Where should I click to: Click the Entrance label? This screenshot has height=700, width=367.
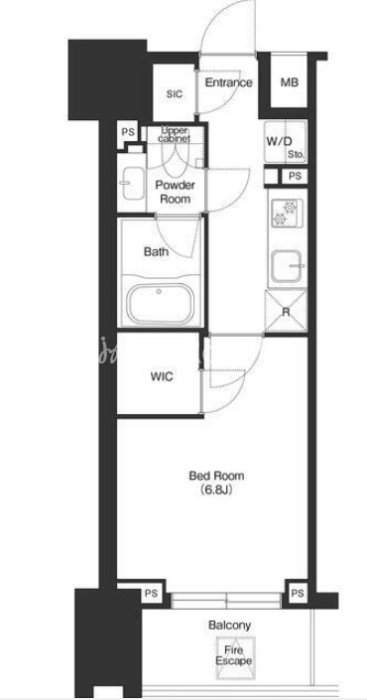click(228, 82)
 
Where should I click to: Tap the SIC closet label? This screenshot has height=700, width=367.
click(175, 94)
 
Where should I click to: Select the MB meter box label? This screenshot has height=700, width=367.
click(290, 82)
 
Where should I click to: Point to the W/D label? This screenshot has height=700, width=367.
click(279, 142)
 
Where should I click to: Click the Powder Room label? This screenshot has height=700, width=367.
click(175, 193)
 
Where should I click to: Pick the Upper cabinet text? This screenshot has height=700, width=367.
click(176, 134)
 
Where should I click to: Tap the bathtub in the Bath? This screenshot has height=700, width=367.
click(160, 304)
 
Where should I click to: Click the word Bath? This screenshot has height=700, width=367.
click(156, 252)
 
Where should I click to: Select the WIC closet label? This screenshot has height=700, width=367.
click(161, 376)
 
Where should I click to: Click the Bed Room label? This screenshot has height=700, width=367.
click(216, 476)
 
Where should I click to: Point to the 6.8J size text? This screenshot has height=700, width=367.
click(216, 490)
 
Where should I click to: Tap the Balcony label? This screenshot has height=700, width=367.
click(229, 626)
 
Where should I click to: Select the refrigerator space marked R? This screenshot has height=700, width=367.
click(286, 312)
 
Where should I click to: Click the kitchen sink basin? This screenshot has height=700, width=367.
click(288, 266)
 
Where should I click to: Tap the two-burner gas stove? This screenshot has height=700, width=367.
click(286, 212)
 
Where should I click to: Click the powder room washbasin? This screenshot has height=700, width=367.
click(133, 183)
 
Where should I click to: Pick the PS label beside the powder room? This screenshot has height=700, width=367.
click(128, 133)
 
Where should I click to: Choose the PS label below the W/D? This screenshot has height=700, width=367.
click(295, 176)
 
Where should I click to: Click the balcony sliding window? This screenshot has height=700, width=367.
click(226, 601)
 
